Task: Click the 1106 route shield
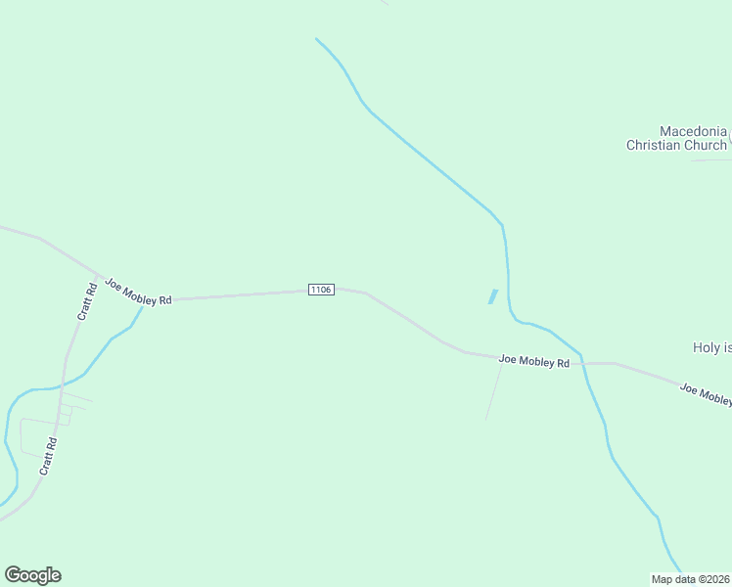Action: point(321,290)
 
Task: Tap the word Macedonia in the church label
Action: point(693,131)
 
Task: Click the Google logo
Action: point(32,575)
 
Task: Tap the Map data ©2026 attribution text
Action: point(691,579)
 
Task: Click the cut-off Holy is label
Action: point(712,347)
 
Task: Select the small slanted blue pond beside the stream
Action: point(492,296)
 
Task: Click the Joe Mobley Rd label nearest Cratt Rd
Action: point(138,292)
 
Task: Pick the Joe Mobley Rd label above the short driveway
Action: point(533,361)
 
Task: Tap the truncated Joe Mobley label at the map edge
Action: point(706,394)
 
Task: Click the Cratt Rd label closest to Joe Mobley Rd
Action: point(87,301)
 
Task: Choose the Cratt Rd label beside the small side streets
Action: point(49,456)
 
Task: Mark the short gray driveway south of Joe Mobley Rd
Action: point(493,390)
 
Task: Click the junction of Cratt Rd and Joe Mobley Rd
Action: point(102,275)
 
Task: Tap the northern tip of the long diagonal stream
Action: point(316,39)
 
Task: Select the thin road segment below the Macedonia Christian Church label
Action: point(710,159)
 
